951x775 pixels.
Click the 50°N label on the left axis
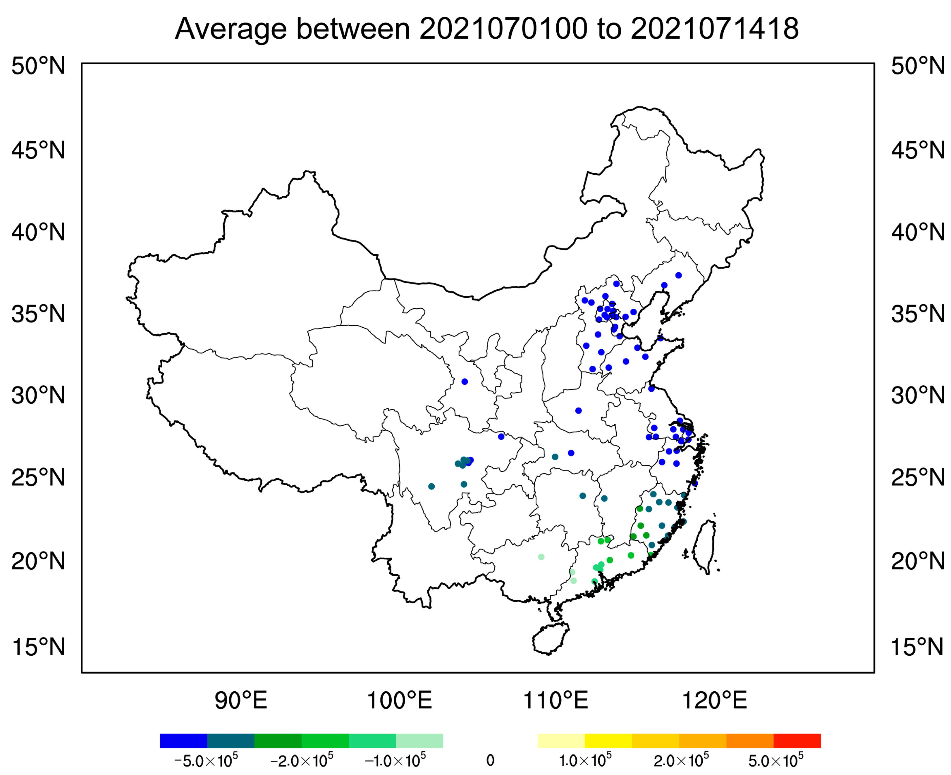(38, 66)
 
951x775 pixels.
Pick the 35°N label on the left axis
(38, 314)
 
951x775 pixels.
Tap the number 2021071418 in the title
(714, 29)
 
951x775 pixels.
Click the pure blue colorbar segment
(183, 741)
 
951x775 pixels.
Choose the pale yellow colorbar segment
(561, 741)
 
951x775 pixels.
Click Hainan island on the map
(550, 638)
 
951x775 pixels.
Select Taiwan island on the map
(704, 547)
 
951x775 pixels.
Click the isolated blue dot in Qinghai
(465, 382)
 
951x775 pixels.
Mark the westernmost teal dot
(431, 487)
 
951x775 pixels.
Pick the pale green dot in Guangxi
(541, 557)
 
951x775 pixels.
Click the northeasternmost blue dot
(678, 275)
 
